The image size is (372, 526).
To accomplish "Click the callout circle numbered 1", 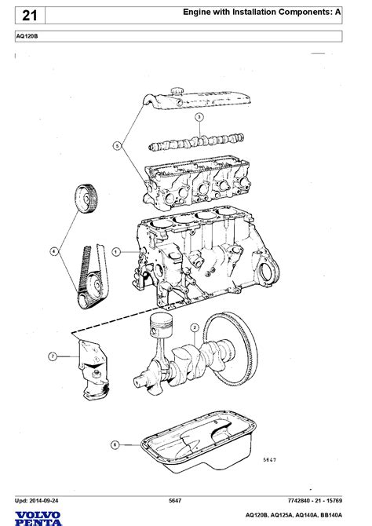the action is click(x=116, y=252).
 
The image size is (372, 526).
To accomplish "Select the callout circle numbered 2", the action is click(x=195, y=327).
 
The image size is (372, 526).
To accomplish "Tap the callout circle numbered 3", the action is click(x=199, y=117).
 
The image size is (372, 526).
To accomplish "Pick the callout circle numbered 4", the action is click(x=54, y=251).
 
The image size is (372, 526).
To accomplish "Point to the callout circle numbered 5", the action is click(x=117, y=146).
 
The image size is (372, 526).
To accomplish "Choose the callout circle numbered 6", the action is click(x=115, y=445).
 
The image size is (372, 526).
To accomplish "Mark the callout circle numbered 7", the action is click(x=53, y=356).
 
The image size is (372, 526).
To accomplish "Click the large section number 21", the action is click(x=30, y=16).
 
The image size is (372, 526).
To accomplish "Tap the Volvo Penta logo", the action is click(x=38, y=518).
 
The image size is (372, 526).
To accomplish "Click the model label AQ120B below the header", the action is click(x=27, y=36).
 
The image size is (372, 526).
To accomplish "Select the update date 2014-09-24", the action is click(x=43, y=501).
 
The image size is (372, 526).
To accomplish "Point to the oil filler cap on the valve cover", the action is click(x=176, y=90).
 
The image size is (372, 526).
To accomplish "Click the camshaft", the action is click(x=196, y=142).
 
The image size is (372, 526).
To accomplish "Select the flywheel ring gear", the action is click(x=232, y=349).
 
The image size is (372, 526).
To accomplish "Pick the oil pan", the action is click(x=199, y=441).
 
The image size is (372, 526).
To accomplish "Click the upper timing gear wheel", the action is click(x=86, y=199).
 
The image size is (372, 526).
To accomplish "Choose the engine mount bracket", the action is click(x=93, y=370).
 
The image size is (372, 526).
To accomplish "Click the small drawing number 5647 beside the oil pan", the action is click(x=270, y=460).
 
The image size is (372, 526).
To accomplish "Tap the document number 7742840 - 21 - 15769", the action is click(x=315, y=501).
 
